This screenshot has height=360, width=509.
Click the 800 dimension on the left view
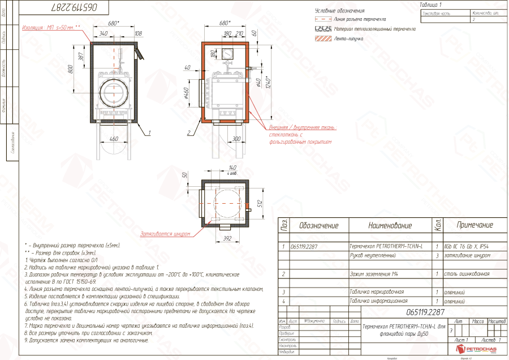[71, 70]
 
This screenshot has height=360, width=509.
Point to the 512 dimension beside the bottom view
[259, 203]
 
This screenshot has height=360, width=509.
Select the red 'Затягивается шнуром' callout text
[165, 232]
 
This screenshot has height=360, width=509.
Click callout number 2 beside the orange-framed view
[188, 134]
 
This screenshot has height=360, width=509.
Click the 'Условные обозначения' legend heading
[339, 11]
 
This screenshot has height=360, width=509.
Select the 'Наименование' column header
[390, 225]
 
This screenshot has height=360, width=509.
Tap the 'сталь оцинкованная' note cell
[467, 273]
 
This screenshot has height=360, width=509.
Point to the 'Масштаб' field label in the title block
[498, 321]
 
